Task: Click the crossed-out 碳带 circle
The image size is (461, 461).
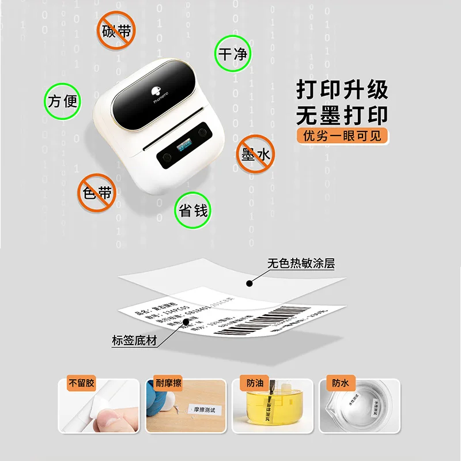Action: pyautogui.click(x=117, y=31)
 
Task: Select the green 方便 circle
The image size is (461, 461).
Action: pyautogui.click(x=62, y=101)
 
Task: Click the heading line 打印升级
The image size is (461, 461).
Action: pyautogui.click(x=342, y=90)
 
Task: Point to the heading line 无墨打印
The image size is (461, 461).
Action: pyautogui.click(x=342, y=115)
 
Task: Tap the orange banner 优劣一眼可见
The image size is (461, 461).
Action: pyautogui.click(x=342, y=136)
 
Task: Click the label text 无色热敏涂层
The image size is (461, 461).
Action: pyautogui.click(x=301, y=264)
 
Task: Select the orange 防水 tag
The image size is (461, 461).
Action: pyautogui.click(x=337, y=383)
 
